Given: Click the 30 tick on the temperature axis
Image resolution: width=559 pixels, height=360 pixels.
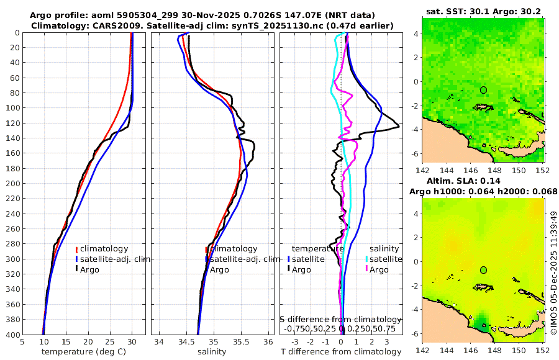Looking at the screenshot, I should tap(132, 341).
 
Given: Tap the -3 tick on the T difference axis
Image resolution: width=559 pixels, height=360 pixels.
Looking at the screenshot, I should tap(295, 341).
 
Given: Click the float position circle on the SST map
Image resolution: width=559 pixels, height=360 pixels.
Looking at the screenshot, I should tap(483, 90).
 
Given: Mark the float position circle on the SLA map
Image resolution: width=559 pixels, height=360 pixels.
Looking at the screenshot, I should tap(483, 270).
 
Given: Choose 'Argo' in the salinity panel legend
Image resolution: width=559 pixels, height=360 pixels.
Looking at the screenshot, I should tap(219, 269).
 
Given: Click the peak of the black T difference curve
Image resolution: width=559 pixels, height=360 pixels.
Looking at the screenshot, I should tap(398, 126).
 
